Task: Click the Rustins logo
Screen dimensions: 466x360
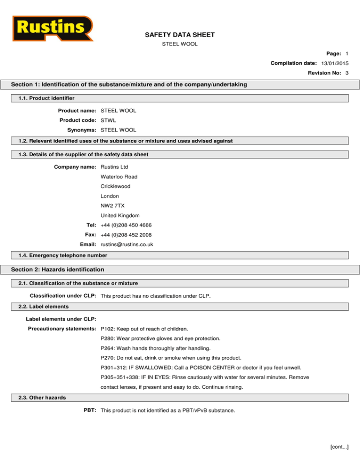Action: [52, 29]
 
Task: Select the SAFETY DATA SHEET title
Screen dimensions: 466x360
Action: [180, 35]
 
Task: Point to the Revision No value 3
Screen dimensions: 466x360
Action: [346, 73]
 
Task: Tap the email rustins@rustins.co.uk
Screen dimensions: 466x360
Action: [127, 245]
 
